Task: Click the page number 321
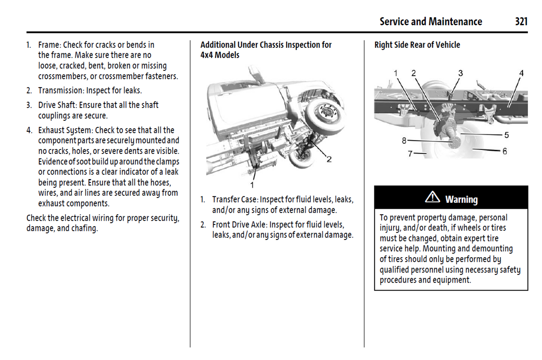(x=521, y=22)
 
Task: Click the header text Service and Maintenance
(x=431, y=22)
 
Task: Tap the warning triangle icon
(x=432, y=197)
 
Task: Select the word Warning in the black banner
(x=461, y=199)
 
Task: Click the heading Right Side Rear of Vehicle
(x=417, y=45)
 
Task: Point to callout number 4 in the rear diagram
(x=521, y=73)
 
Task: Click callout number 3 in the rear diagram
(x=460, y=73)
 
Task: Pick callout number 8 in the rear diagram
(x=404, y=141)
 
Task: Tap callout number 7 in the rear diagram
(x=410, y=154)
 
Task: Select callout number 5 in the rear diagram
(x=506, y=135)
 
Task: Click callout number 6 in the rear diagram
(x=504, y=151)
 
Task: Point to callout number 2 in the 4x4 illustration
(x=329, y=159)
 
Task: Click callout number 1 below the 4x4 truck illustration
(x=252, y=185)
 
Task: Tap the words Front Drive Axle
(x=239, y=224)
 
